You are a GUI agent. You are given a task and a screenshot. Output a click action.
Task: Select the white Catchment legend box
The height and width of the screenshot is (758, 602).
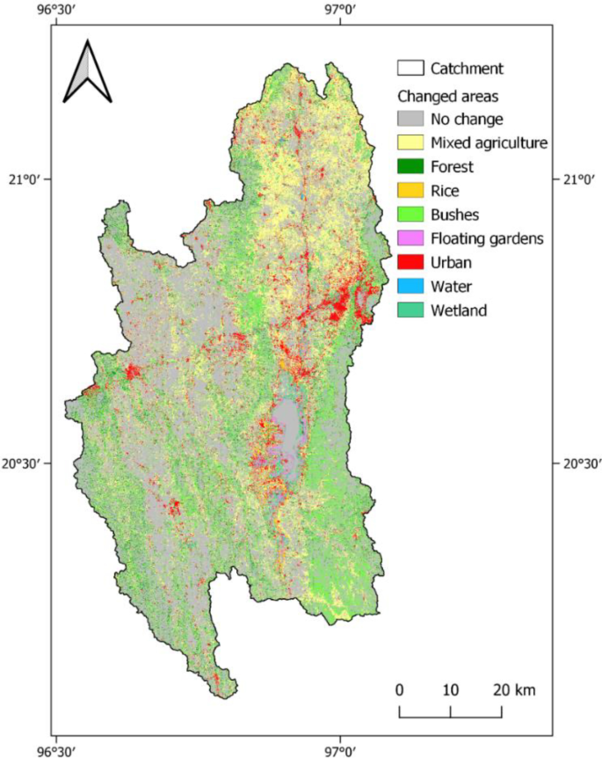pos(410,68)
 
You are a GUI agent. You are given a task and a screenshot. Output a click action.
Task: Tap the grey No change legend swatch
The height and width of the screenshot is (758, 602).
pos(410,118)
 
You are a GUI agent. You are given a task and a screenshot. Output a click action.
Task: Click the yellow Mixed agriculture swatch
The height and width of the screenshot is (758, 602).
pos(410,142)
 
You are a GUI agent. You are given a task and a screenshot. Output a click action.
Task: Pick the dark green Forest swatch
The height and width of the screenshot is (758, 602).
pos(410,166)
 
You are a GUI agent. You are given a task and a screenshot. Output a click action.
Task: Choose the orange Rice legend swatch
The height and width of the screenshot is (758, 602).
pos(410,190)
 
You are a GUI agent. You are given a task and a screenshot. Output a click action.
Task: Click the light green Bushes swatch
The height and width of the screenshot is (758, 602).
pos(410,214)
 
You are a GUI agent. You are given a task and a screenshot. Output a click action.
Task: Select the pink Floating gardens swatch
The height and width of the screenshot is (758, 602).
pos(410,238)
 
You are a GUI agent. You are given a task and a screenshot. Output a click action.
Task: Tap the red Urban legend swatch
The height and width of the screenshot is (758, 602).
pos(410,262)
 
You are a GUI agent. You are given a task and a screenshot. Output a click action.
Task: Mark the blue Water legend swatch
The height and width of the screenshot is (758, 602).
pos(410,286)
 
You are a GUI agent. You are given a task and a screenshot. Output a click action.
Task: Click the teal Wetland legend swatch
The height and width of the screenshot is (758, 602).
pos(410,310)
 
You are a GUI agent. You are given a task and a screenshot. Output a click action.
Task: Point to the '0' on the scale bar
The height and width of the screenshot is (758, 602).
pos(399,689)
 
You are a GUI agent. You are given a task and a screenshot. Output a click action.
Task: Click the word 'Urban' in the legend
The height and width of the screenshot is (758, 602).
pos(451,262)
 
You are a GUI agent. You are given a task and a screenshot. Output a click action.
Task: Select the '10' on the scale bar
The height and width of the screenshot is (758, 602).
pos(450,689)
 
